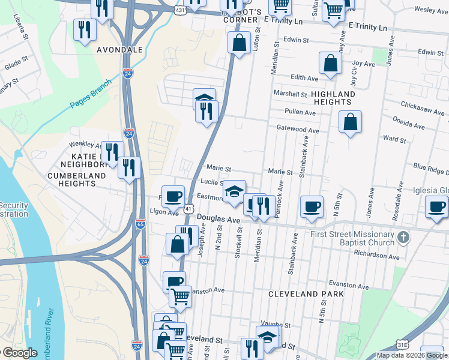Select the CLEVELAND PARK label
pyautogui.click(x=306, y=294)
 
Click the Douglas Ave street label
pyautogui.click(x=219, y=220)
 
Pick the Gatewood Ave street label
pyautogui.click(x=298, y=130)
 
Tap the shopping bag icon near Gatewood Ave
pyautogui.click(x=350, y=122)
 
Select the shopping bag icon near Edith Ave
pyautogui.click(x=330, y=64)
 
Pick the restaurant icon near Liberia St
pyautogui.click(x=85, y=29)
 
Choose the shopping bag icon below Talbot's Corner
pyautogui.click(x=239, y=43)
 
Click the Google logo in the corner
pyautogui.click(x=19, y=353)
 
